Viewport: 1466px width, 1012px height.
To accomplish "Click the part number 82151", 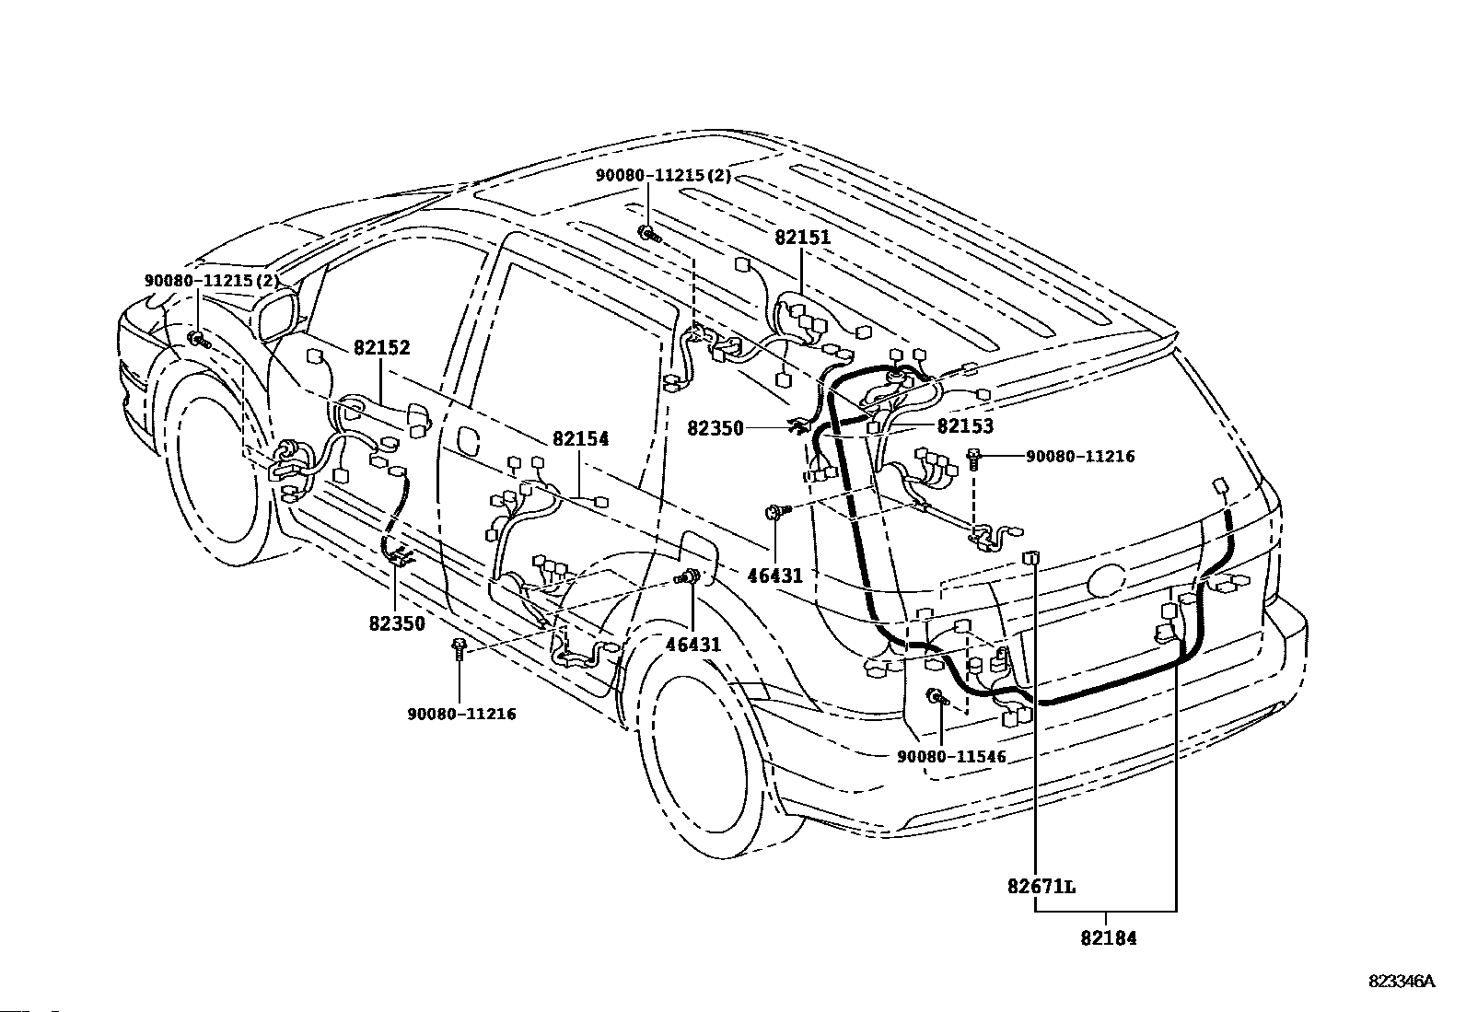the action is point(802,237).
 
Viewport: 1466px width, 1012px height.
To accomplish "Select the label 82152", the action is point(381,347).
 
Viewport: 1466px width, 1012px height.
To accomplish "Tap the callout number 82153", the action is point(965,426).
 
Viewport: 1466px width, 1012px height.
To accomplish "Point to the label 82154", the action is point(580,438).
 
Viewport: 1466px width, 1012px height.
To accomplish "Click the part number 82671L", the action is point(1041,887).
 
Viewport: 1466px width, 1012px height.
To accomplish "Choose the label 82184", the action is point(1109,938).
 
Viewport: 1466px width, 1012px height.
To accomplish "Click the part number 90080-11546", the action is point(951,757).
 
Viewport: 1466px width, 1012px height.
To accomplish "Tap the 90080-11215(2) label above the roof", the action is point(663,176).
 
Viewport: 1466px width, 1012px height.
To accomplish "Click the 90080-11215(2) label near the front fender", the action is point(212,280).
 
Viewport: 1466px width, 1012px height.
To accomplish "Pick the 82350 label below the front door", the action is point(397,623).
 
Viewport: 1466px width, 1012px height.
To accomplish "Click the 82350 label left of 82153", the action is point(716,429).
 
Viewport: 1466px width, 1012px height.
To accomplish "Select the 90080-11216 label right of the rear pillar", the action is point(1080,456).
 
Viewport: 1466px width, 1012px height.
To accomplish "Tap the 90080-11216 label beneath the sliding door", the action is point(462,714).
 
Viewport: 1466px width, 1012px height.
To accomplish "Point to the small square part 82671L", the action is point(1030,558).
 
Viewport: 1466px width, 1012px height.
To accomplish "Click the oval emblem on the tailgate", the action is point(1106,580).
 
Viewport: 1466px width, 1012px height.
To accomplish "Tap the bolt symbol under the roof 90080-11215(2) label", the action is point(648,233).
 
